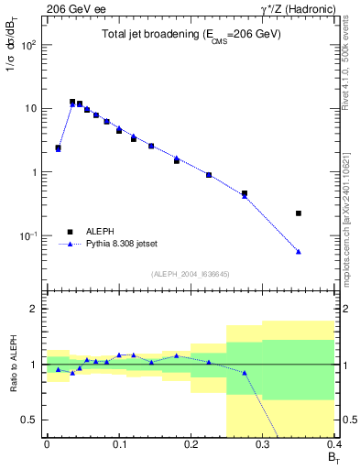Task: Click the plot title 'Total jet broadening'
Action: point(191,34)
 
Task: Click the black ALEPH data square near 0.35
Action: point(299,213)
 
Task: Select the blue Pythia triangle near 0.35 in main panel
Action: point(299,252)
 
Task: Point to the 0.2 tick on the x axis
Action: point(191,445)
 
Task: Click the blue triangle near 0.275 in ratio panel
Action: point(245,373)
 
